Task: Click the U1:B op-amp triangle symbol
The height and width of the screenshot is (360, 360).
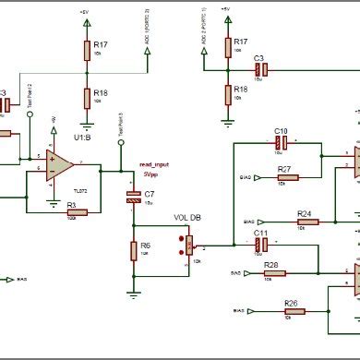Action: pos(61,165)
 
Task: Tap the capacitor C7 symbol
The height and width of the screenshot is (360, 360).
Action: pos(134,195)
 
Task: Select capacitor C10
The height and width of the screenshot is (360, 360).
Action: pos(282,143)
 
